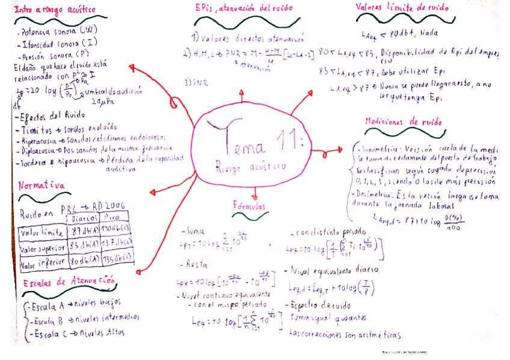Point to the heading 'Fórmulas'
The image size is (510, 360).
click(248, 206)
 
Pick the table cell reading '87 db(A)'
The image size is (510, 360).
click(82, 231)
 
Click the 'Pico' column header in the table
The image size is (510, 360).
click(114, 218)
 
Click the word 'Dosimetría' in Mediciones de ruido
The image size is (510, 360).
click(375, 195)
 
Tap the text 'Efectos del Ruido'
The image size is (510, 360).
click(48, 117)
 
